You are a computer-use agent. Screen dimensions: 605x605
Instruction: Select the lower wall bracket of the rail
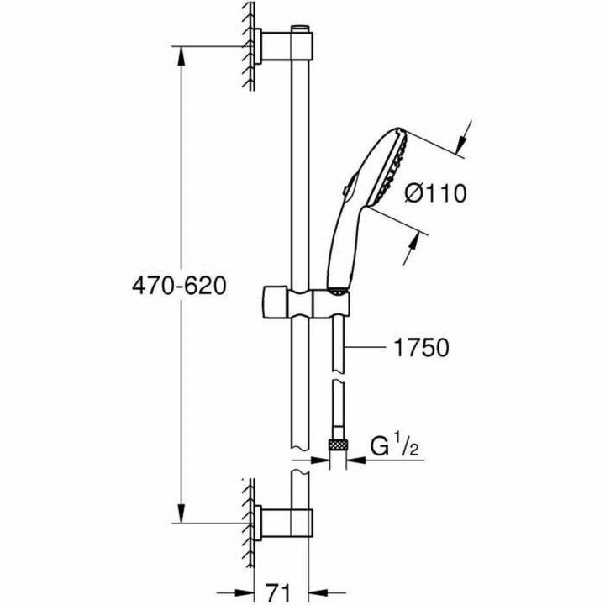pos(273,522)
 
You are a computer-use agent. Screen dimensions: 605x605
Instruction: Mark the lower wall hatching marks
pos(250,521)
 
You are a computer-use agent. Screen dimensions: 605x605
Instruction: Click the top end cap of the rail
pos(301,32)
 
